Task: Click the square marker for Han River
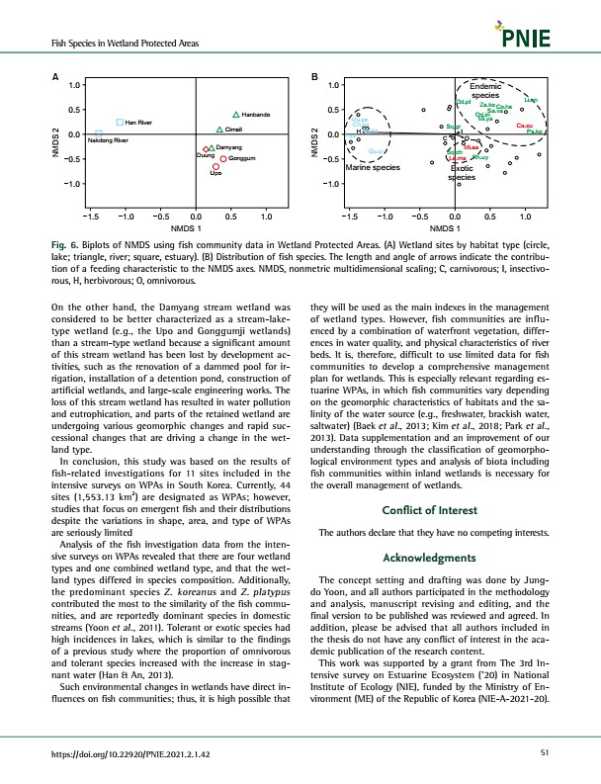(119, 122)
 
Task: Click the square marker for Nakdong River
(99, 132)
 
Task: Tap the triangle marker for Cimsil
(219, 130)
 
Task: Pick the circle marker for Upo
(215, 167)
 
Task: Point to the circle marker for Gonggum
(224, 158)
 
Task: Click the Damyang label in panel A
(229, 147)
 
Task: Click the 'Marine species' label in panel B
(371, 168)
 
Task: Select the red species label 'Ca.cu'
(525, 126)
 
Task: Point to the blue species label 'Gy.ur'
(377, 151)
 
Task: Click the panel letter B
(314, 76)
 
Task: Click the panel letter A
(56, 76)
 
